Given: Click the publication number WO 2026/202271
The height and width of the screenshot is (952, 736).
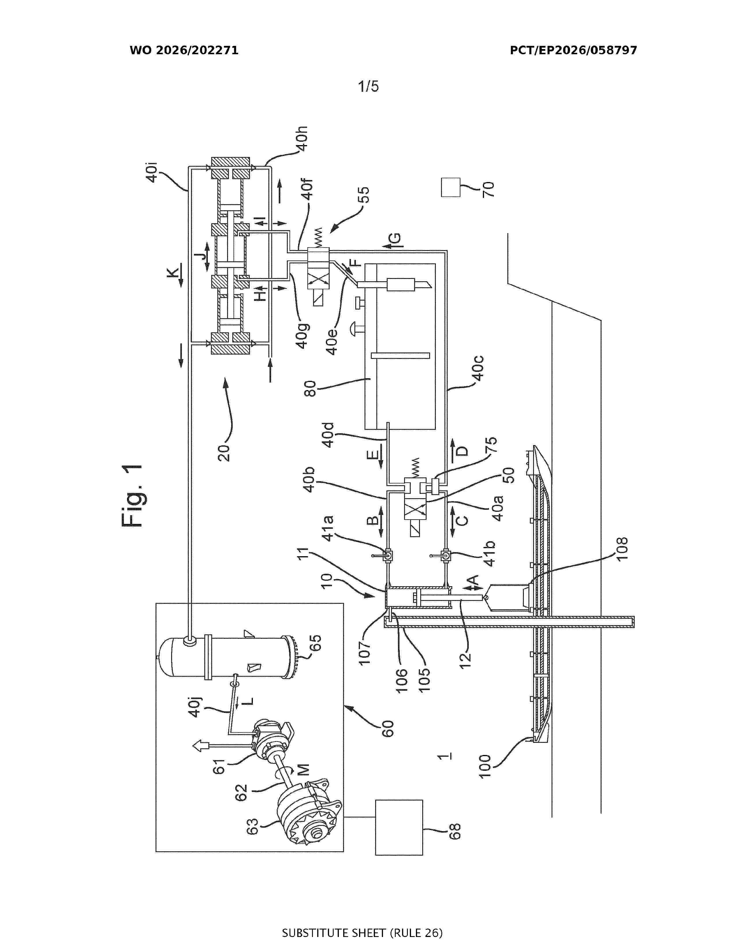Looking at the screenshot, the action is [x=184, y=50].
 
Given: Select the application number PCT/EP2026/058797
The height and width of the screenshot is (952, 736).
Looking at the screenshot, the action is [x=574, y=50].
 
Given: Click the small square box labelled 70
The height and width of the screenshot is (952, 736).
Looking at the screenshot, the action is [x=451, y=187].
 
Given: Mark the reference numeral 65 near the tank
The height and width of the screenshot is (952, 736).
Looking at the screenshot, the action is [x=314, y=643].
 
